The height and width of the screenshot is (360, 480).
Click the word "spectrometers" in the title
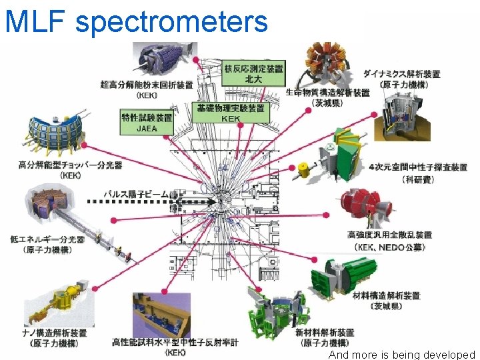171,21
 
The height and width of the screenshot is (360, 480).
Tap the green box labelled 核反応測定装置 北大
253,73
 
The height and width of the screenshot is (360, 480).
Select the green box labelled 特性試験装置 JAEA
146,122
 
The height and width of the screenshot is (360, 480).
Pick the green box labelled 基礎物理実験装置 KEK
230,113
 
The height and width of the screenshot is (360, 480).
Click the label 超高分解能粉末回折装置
146,85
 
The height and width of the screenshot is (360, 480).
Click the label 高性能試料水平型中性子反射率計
175,342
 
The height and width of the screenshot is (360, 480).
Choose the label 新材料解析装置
325,332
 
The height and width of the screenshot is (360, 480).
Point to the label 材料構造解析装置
387,295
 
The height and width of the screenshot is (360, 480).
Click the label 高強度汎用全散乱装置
390,235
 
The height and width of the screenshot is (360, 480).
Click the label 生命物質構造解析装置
327,93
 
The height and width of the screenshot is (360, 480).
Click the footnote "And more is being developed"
401,355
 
